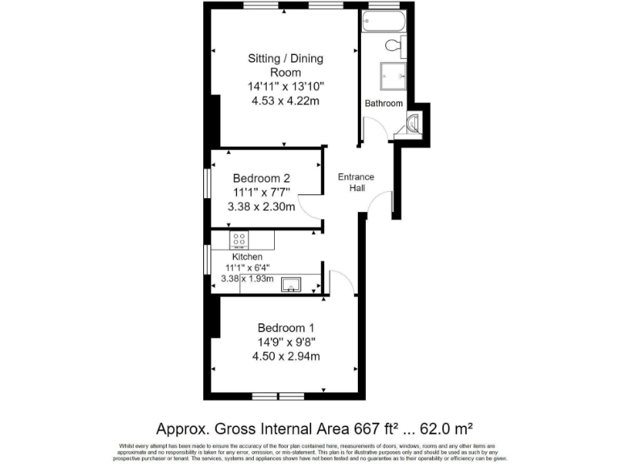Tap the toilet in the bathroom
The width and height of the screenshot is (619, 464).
(394, 44)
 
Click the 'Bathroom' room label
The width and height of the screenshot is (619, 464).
(384, 104)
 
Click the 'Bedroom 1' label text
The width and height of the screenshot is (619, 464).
(285, 328)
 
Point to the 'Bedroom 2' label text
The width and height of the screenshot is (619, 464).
(261, 178)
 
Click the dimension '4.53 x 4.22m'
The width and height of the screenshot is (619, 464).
(285, 101)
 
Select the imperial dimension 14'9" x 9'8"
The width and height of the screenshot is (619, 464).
(285, 342)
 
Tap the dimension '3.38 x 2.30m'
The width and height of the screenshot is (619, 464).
(261, 207)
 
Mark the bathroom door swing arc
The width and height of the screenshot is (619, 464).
(370, 129)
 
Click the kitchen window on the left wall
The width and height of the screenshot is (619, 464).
(208, 263)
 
